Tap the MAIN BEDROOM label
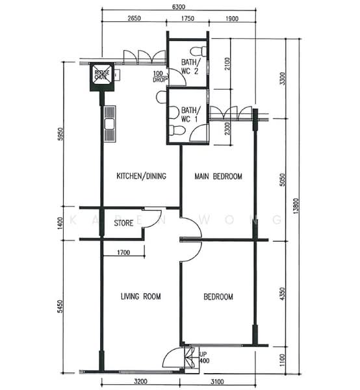point(218,177)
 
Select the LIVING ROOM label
point(140,297)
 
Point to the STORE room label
point(123,223)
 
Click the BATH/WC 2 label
point(191,66)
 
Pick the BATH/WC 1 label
point(190,115)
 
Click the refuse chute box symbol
point(102,75)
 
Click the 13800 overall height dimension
point(297,207)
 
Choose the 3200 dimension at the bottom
point(140,382)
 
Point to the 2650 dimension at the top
point(135,18)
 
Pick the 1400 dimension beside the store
point(60,223)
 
